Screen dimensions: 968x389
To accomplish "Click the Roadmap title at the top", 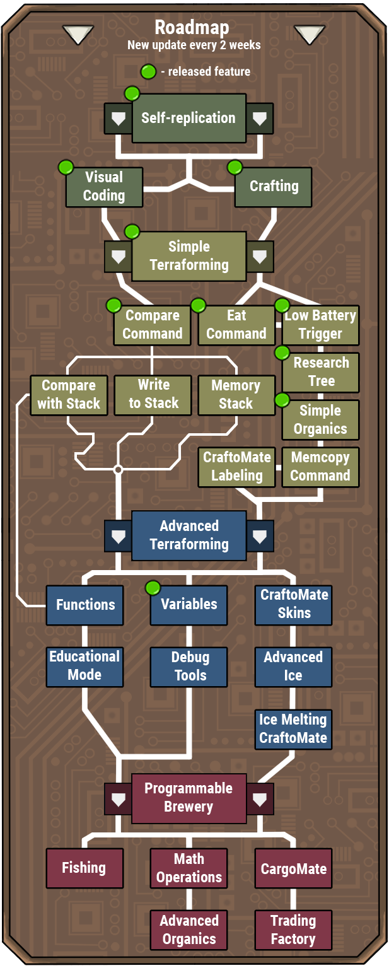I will (192, 28).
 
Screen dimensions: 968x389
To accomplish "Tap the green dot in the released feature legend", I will (148, 72).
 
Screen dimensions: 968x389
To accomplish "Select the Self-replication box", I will (189, 118).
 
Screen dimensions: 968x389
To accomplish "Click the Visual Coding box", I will (105, 187).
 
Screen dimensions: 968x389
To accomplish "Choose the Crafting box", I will (274, 187).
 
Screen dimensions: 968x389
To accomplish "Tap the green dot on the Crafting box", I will (235, 168).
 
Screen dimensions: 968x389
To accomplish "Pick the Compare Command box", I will (152, 325).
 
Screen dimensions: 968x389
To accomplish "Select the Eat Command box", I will (236, 325).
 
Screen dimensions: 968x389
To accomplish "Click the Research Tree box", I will (320, 372).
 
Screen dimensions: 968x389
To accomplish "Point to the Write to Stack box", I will (153, 395).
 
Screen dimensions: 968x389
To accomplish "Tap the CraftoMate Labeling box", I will (236, 467).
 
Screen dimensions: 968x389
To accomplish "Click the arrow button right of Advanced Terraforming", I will (260, 536).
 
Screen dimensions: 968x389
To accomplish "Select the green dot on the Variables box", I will (153, 588).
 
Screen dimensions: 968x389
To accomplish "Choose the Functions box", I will (85, 605).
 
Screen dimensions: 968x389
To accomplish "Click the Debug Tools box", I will (189, 667).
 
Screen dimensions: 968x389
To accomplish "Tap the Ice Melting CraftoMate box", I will (293, 729).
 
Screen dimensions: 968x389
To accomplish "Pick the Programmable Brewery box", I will (189, 798).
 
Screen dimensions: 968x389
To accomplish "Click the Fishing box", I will (84, 868).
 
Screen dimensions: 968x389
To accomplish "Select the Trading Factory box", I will (293, 930).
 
